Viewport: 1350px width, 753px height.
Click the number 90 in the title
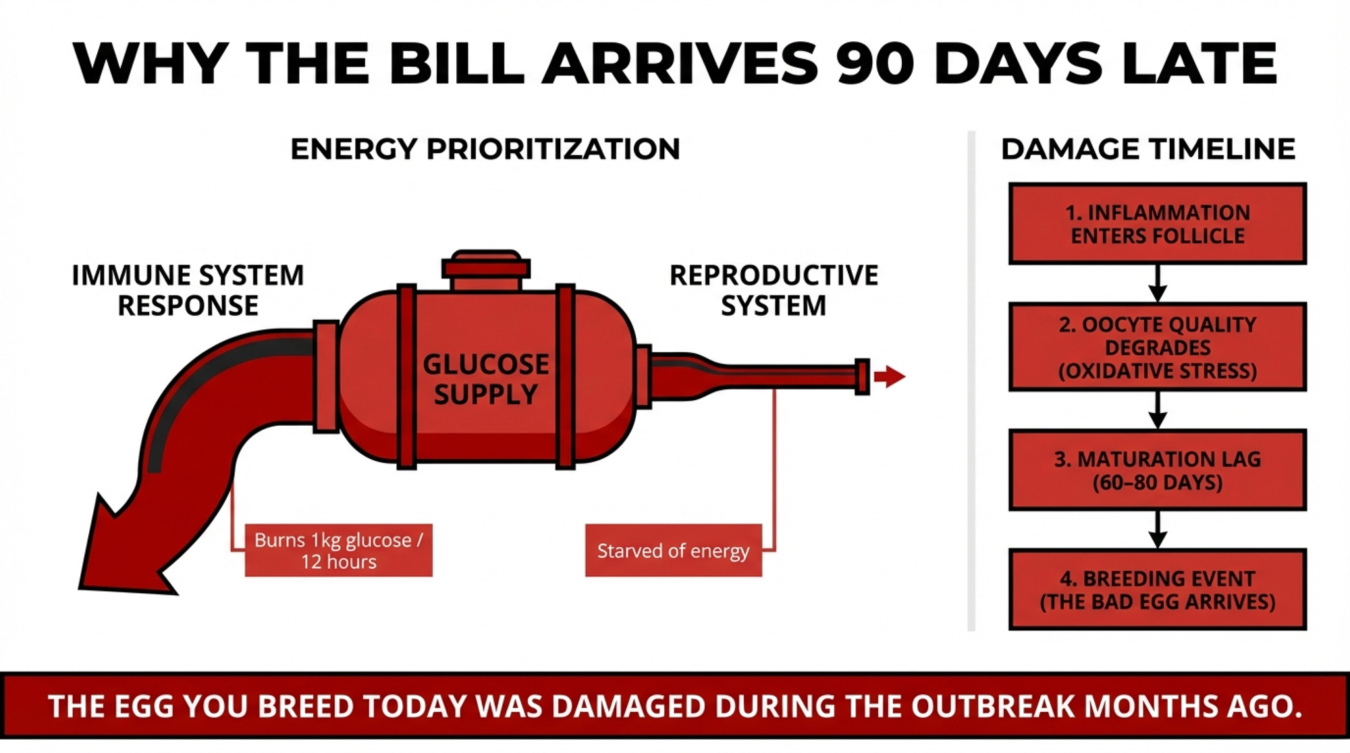(x=875, y=63)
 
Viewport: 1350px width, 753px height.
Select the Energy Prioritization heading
(x=485, y=149)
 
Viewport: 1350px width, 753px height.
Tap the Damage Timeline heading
(x=1147, y=149)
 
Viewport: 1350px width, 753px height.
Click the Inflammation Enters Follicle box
(x=1157, y=224)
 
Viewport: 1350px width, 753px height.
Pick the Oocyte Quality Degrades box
(x=1157, y=347)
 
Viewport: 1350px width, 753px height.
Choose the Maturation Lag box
(x=1157, y=470)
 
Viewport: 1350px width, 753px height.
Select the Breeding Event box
(x=1157, y=590)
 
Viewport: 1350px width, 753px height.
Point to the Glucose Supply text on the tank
(x=485, y=379)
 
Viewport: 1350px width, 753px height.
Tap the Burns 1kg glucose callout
(x=338, y=551)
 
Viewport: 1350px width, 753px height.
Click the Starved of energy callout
(x=673, y=551)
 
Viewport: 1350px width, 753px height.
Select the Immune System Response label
(x=188, y=290)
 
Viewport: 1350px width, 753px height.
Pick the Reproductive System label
(x=774, y=290)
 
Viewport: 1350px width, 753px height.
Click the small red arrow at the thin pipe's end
(x=889, y=376)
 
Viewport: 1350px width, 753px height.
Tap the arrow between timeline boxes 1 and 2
(x=1158, y=284)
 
